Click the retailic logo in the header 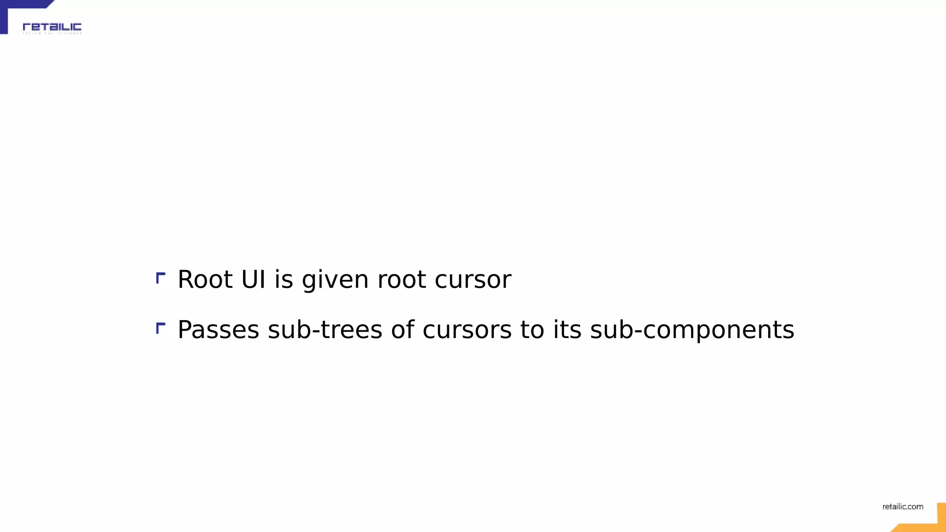[52, 27]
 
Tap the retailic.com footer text [903, 507]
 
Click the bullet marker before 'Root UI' [160, 278]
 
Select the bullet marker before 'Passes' [160, 328]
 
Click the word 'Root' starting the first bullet [205, 279]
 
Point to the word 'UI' [253, 279]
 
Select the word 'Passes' [218, 330]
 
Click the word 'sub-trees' [325, 330]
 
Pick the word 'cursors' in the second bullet [467, 330]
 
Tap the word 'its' [567, 330]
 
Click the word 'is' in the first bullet [284, 279]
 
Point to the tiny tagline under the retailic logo [52, 33]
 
